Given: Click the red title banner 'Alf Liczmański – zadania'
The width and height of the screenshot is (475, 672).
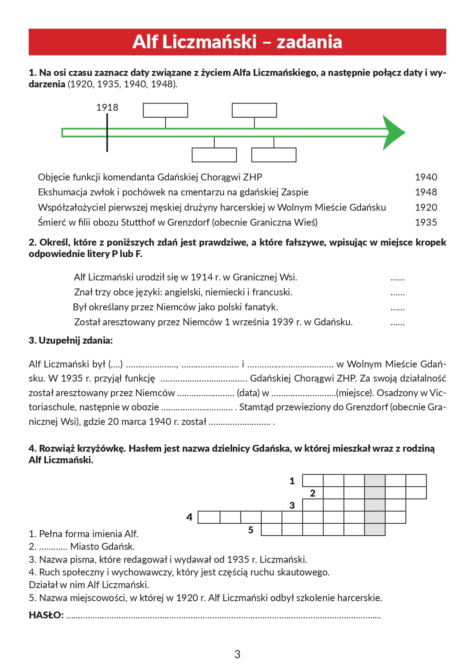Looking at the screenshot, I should click(237, 42).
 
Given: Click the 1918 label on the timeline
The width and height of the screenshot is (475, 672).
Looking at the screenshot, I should click(107, 108).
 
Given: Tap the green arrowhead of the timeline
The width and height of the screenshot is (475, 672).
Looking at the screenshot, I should click(394, 133).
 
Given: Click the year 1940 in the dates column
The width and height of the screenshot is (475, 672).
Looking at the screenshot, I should click(426, 177).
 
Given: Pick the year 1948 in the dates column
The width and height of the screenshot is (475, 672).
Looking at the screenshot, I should click(426, 192).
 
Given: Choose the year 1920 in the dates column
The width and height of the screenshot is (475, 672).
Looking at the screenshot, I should click(426, 207).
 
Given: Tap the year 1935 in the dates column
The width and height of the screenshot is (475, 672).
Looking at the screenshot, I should click(426, 222).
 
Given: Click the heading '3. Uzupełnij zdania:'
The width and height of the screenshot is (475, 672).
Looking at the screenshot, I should click(71, 340).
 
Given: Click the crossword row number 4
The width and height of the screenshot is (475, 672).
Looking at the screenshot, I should click(189, 517).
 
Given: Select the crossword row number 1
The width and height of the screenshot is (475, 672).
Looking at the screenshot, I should click(292, 481).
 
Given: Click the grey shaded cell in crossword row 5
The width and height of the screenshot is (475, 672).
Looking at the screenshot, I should click(375, 529).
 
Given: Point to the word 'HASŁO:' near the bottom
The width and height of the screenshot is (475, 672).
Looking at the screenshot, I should click(46, 615).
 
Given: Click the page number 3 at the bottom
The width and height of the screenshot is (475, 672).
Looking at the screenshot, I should click(237, 654).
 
